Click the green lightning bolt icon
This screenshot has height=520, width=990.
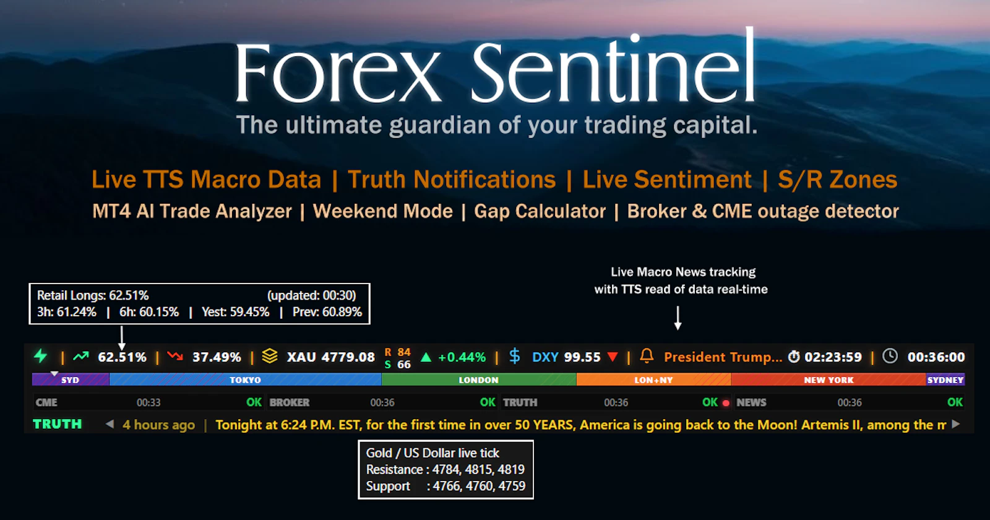(x=41, y=356)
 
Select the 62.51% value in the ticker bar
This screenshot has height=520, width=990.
(x=122, y=357)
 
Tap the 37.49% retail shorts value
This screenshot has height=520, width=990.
(x=217, y=357)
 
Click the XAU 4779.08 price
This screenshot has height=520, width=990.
(x=330, y=357)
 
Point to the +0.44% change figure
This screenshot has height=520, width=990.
(x=462, y=357)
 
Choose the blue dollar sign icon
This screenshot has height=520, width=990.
(x=514, y=356)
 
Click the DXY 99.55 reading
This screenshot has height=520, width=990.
(x=566, y=357)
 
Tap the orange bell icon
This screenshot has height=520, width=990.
(x=647, y=355)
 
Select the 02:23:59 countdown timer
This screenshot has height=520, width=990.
(x=832, y=357)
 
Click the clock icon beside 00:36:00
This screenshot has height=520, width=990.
(x=890, y=356)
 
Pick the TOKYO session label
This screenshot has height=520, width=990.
(x=245, y=380)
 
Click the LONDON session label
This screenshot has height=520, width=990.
(x=478, y=380)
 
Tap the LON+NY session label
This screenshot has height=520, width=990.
(x=653, y=380)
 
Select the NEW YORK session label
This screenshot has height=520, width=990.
(x=829, y=380)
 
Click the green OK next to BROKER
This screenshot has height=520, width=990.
(x=488, y=402)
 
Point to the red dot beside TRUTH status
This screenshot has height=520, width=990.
(x=726, y=403)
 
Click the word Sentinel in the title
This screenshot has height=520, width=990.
(x=613, y=71)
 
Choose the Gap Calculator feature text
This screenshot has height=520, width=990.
(x=540, y=211)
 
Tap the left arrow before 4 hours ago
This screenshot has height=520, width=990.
(x=110, y=424)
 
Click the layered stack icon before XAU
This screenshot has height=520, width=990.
(x=270, y=356)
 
